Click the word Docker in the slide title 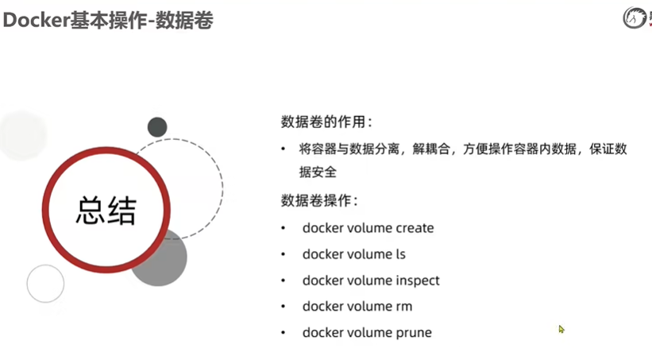point(33,21)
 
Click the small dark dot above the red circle point(157,127)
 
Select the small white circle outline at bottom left point(45,284)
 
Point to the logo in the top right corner point(636,17)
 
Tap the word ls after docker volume point(400,254)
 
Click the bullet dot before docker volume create point(284,229)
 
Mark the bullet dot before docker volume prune point(284,332)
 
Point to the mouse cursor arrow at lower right point(561,328)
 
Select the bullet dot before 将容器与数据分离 point(284,149)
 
